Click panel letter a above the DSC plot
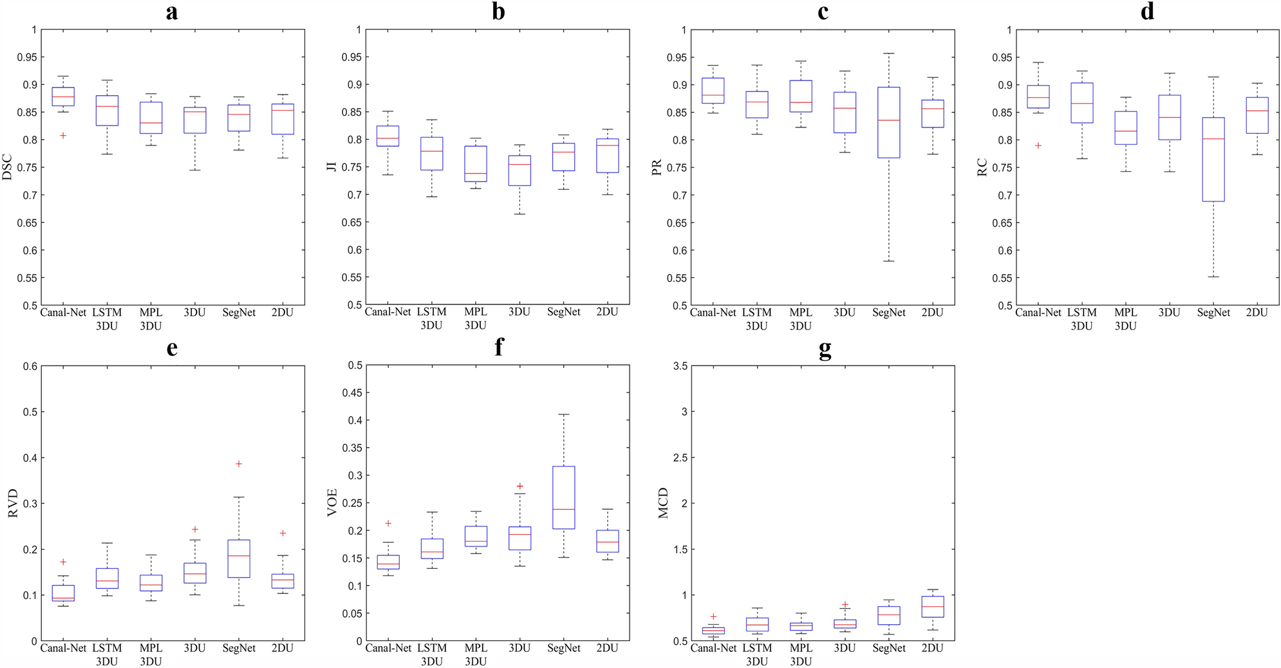[x=171, y=12]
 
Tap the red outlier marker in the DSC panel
[x=63, y=136]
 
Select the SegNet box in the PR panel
[x=889, y=122]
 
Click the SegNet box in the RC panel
[x=1213, y=160]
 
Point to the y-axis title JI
[x=332, y=167]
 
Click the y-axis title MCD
[x=664, y=503]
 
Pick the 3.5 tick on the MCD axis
[x=680, y=366]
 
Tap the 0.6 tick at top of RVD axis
[x=30, y=366]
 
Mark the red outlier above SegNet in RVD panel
[x=239, y=464]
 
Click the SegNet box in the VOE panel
[x=564, y=497]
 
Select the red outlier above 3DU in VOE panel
[x=520, y=487]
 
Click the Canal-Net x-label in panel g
[x=713, y=648]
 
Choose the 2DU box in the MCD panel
[x=933, y=606]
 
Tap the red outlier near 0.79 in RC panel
[x=1038, y=145]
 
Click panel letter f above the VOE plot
[x=498, y=348]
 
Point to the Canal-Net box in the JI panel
[x=388, y=136]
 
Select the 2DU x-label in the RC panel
[x=1257, y=313]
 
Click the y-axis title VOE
[x=332, y=503]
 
